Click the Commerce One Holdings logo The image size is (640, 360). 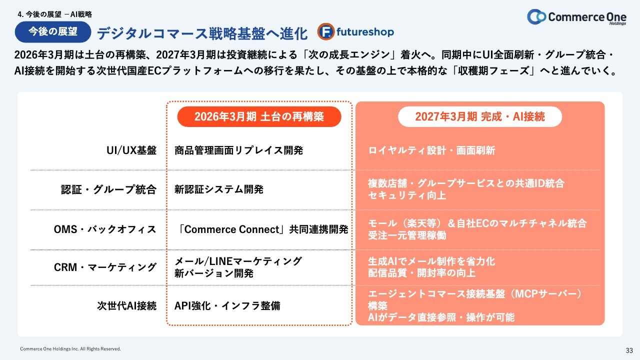pyautogui.click(x=576, y=17)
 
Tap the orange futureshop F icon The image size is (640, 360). pyautogui.click(x=325, y=31)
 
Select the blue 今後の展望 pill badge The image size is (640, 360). pyautogui.click(x=53, y=31)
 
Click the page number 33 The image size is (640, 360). pyautogui.click(x=629, y=350)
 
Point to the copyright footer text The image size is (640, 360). pyautogui.click(x=70, y=349)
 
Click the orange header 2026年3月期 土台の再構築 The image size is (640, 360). pyautogui.click(x=259, y=116)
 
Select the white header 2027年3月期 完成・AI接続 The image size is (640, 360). pyautogui.click(x=480, y=116)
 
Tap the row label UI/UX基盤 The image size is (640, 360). pyautogui.click(x=131, y=150)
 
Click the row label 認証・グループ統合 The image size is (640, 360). pyautogui.click(x=109, y=189)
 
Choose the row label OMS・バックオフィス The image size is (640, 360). pyautogui.click(x=105, y=229)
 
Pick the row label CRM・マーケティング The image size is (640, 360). pyautogui.click(x=105, y=267)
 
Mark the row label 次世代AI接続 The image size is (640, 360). pyautogui.click(x=126, y=305)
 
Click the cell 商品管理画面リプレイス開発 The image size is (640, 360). pyautogui.click(x=238, y=150)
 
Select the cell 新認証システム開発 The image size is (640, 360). pyautogui.click(x=219, y=189)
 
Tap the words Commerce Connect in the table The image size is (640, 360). pyautogui.click(x=231, y=229)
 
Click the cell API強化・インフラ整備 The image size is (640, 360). pyautogui.click(x=227, y=305)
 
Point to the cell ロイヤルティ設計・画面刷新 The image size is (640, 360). pyautogui.click(x=431, y=150)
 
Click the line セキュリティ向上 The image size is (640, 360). pyautogui.click(x=407, y=195)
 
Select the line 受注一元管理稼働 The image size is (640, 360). pyautogui.click(x=407, y=235)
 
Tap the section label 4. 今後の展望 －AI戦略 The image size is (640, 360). pyautogui.click(x=54, y=14)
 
